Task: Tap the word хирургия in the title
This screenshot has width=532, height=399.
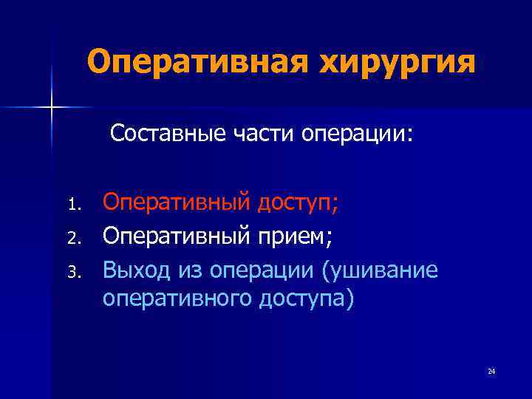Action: (x=397, y=63)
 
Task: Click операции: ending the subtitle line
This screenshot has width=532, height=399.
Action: (x=359, y=136)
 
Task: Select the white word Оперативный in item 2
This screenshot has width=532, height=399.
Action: (x=177, y=236)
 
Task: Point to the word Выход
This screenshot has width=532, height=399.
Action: (x=137, y=270)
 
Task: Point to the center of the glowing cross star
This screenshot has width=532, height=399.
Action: (x=52, y=107)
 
